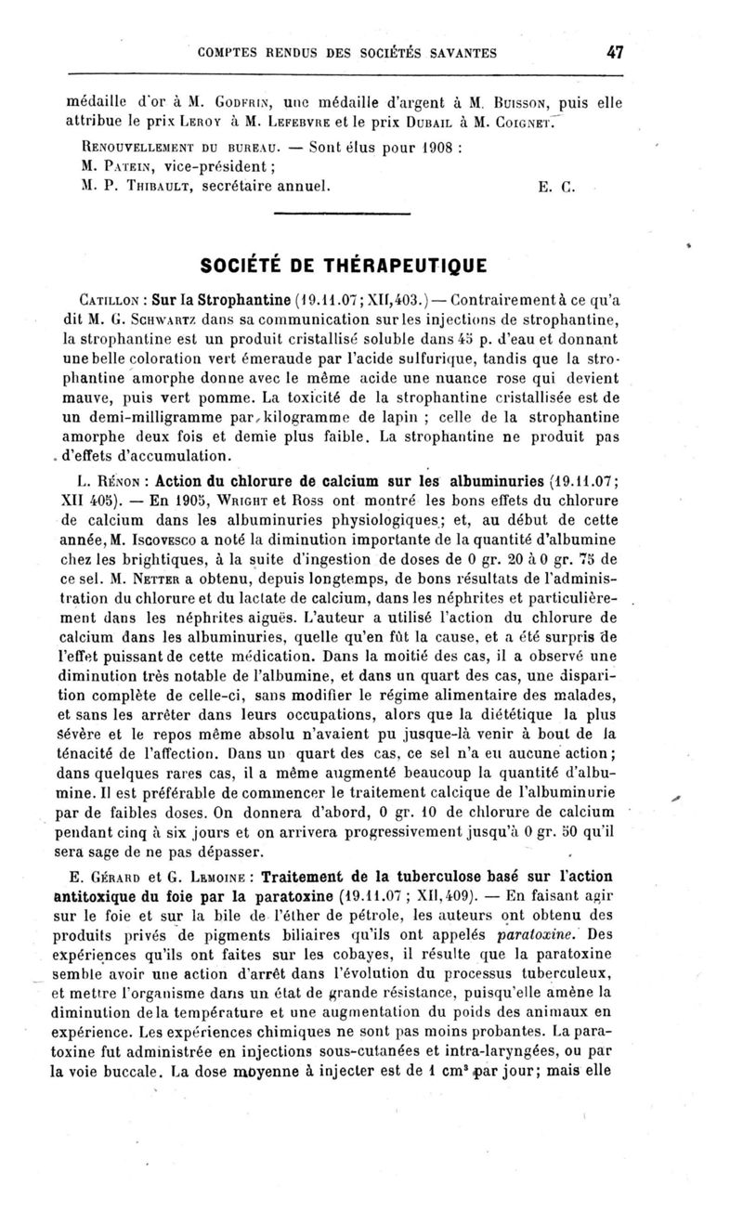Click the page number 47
[x=614, y=53]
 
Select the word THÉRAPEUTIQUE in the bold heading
[x=406, y=267]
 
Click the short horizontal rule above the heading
[x=344, y=217]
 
